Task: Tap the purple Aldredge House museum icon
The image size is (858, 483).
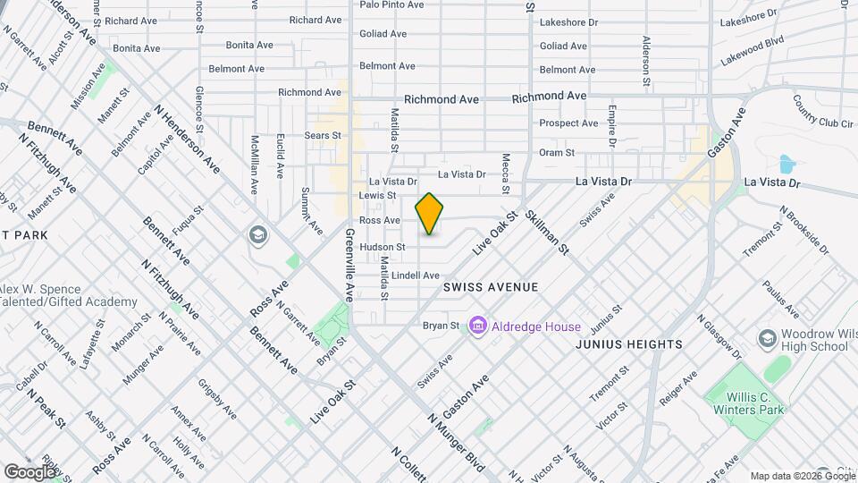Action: point(477,326)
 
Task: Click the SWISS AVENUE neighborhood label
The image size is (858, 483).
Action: point(491,287)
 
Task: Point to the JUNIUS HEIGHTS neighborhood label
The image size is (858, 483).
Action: point(629,344)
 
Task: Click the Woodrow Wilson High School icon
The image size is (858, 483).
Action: point(767,338)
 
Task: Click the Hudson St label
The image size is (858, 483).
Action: point(383,247)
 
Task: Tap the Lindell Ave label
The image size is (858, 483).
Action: point(416,275)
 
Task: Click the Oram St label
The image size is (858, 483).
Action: point(556,153)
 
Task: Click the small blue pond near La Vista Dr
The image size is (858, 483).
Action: point(786,165)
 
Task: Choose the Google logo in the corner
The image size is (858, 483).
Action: point(29,471)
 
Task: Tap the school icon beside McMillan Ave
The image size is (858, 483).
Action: point(257,234)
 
